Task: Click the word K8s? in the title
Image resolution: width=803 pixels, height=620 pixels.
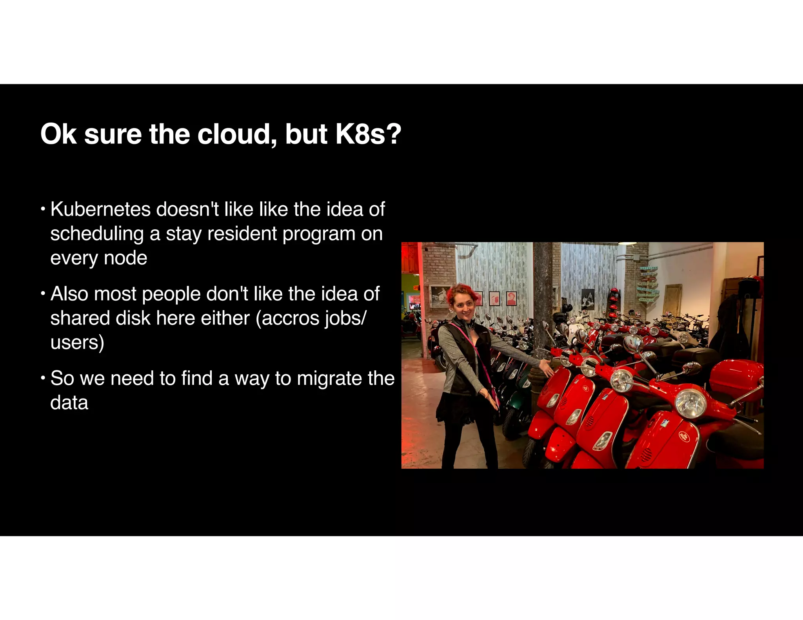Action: click(368, 134)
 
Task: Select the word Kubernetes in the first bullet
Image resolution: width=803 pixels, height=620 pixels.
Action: click(100, 209)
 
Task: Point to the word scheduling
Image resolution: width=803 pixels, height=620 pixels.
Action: click(97, 234)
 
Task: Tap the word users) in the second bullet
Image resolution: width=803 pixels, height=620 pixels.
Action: click(77, 343)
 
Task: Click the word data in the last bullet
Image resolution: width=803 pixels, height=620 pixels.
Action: click(69, 403)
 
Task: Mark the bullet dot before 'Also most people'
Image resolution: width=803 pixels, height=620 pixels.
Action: click(43, 293)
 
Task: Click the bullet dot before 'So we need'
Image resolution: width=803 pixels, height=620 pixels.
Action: click(43, 377)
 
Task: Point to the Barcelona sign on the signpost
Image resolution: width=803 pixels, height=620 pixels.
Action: click(649, 268)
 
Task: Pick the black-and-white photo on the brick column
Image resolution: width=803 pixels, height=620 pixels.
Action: click(440, 295)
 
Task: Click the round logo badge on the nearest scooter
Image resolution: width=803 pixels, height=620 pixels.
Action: click(684, 435)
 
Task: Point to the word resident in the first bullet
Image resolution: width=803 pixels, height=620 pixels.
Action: click(242, 234)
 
